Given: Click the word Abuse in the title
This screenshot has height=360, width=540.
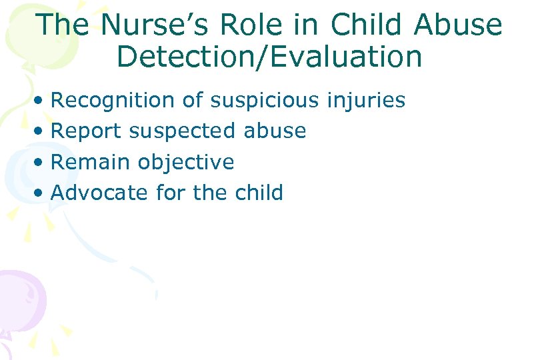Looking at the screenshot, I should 458,25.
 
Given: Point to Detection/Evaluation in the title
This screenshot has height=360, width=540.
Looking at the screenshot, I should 269,57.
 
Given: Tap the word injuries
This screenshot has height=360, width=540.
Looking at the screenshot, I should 366,101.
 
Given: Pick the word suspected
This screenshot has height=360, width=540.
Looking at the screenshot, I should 182,131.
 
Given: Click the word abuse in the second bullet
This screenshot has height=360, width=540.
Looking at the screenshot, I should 275,131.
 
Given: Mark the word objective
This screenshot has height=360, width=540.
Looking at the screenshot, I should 186,162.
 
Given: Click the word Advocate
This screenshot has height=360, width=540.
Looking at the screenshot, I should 99,193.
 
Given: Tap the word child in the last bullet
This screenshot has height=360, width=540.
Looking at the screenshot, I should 259,193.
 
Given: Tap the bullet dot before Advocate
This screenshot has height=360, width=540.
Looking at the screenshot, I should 41,194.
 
